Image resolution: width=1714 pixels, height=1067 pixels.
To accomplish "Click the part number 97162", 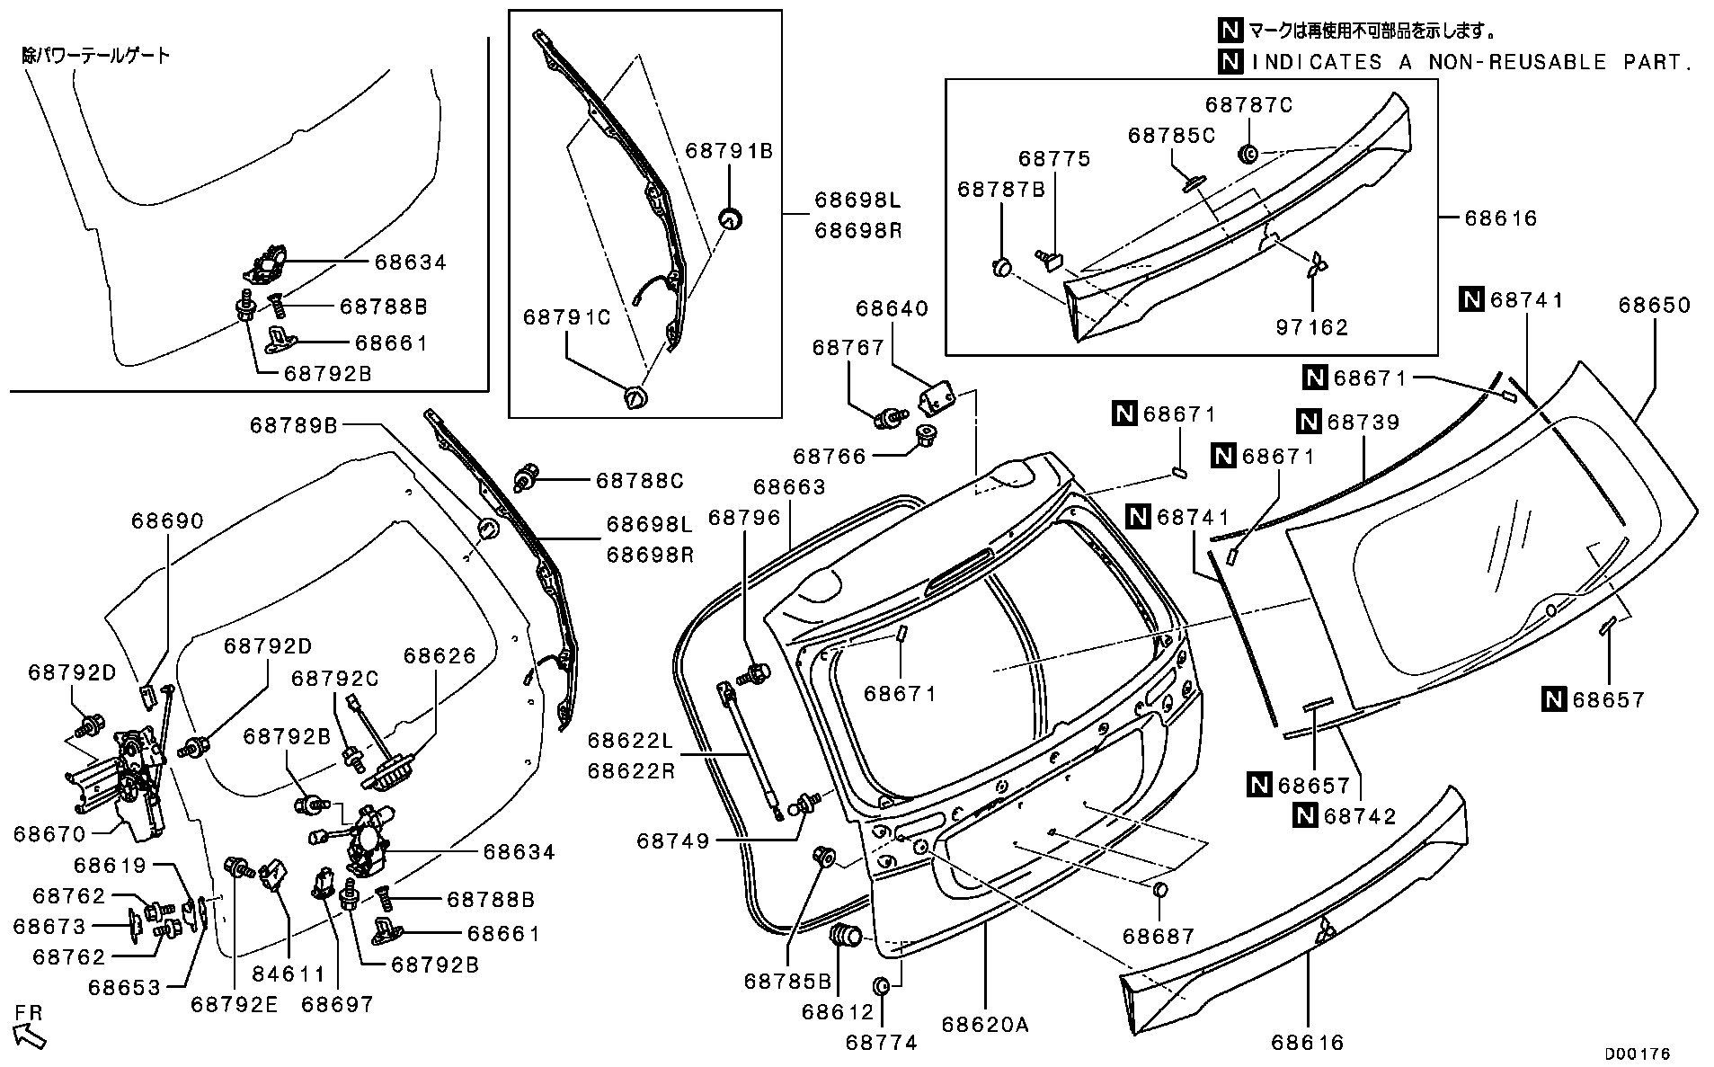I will point(1312,327).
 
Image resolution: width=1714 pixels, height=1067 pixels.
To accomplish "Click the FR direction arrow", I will point(30,1035).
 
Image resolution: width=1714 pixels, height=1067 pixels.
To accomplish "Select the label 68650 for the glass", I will point(1655,306).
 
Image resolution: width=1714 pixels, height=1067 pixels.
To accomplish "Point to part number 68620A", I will point(985,1025).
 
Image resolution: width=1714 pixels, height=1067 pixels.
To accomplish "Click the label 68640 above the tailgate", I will point(892,309).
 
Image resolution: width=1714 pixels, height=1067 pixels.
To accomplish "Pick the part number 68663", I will point(789,487).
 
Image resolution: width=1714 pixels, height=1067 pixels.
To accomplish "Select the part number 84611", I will point(289,974).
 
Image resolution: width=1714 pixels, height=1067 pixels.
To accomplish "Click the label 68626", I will point(440,656).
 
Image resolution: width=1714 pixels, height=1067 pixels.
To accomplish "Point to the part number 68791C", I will point(567,317).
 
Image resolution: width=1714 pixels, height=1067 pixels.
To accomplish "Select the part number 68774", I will point(882,1043).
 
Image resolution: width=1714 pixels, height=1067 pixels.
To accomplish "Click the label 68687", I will point(1159,937).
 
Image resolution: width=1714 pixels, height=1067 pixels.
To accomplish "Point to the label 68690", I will point(167,521).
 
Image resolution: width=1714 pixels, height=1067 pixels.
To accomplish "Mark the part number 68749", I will point(673,841).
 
